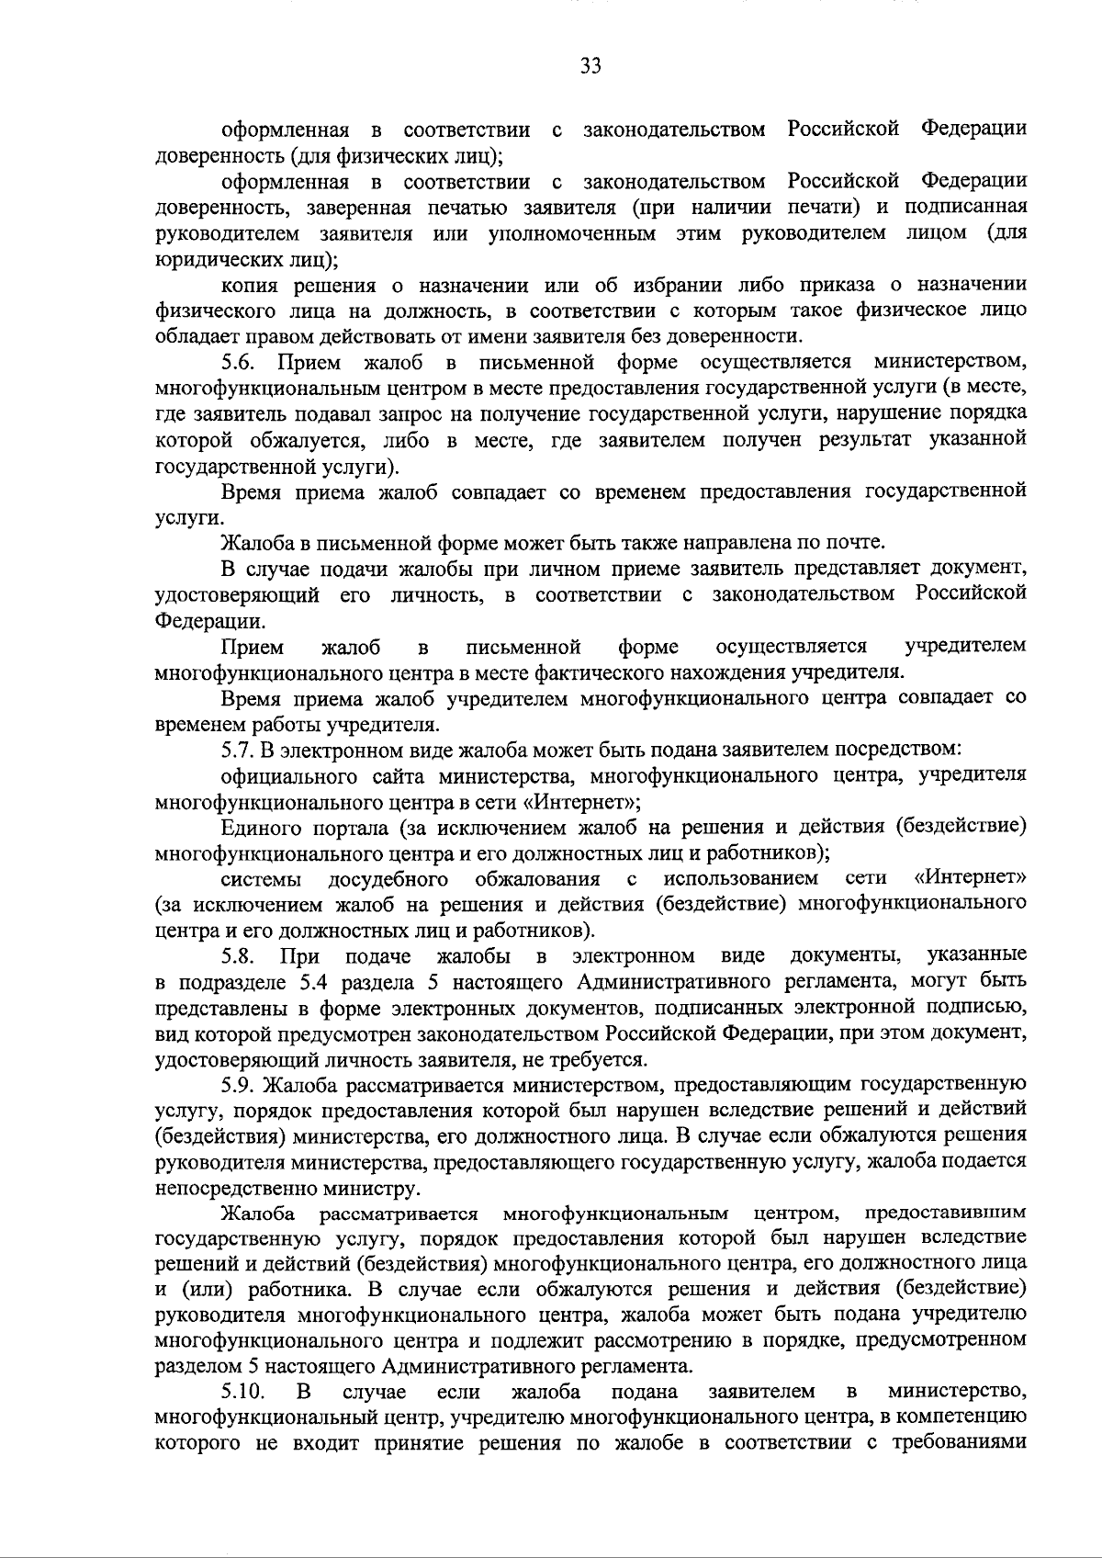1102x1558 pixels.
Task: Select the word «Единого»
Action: pyautogui.click(x=259, y=827)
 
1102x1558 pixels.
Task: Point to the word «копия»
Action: pyautogui.click(x=248, y=285)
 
